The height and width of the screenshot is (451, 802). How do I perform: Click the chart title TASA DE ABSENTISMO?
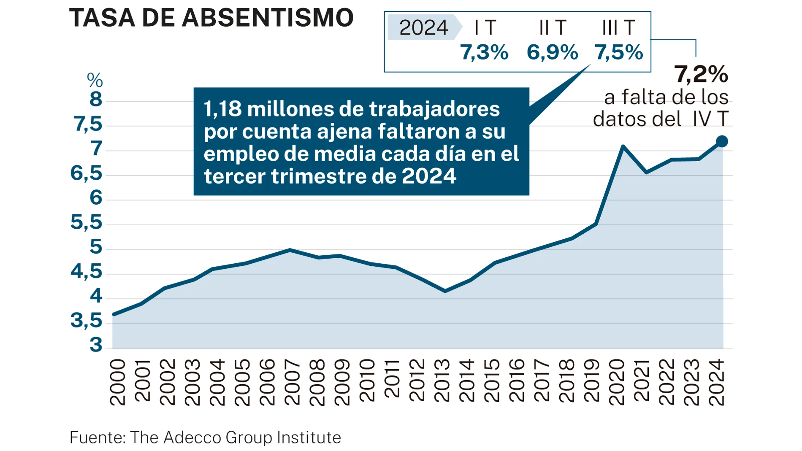click(x=211, y=18)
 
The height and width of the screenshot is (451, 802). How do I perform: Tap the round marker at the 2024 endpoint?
click(x=722, y=141)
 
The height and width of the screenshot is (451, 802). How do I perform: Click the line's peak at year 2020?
click(x=623, y=146)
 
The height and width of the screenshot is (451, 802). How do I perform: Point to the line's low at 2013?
click(x=445, y=291)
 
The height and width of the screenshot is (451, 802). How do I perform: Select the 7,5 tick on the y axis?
click(x=88, y=124)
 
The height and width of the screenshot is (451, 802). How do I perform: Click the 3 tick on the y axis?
click(x=96, y=345)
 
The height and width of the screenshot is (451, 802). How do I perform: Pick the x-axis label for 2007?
click(x=292, y=382)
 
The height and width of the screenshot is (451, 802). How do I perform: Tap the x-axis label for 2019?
click(x=591, y=382)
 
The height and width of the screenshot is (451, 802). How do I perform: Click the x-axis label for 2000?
click(x=117, y=382)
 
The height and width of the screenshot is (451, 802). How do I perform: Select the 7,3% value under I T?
click(x=484, y=52)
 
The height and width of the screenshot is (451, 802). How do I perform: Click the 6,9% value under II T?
click(x=552, y=52)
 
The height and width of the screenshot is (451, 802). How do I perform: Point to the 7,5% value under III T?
click(x=619, y=52)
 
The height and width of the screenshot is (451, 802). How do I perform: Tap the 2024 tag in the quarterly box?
click(x=423, y=28)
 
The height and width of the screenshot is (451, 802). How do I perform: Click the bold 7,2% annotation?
click(x=701, y=74)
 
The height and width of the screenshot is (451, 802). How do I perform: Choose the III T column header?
click(x=618, y=28)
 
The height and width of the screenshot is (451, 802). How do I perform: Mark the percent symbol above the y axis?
click(x=95, y=80)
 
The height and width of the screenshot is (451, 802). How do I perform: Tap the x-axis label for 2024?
click(x=716, y=382)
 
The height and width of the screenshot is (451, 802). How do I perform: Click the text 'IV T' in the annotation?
click(x=710, y=119)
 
